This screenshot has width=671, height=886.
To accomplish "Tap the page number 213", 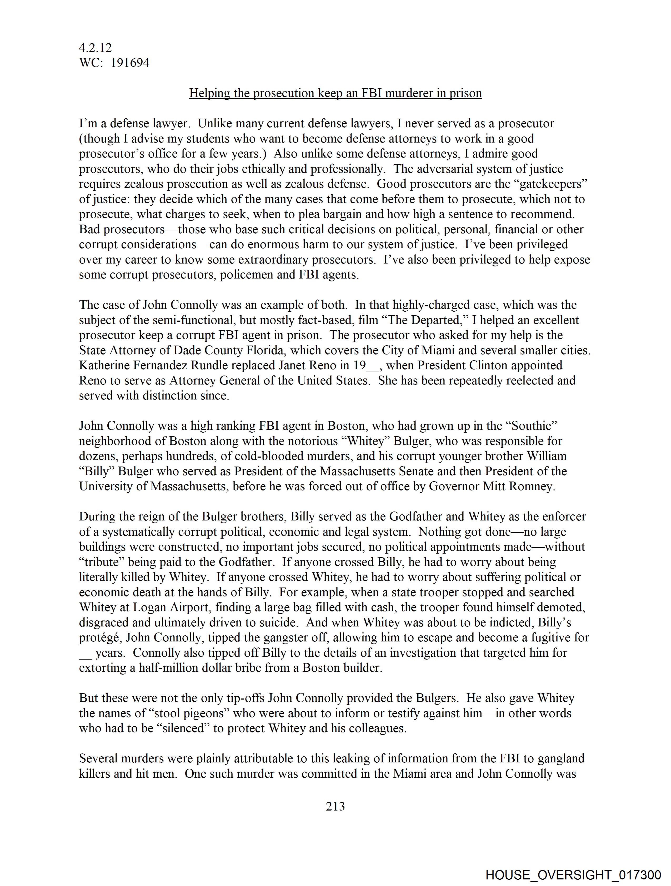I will click(x=335, y=806).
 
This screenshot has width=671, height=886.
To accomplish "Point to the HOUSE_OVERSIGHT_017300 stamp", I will click(x=573, y=875).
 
